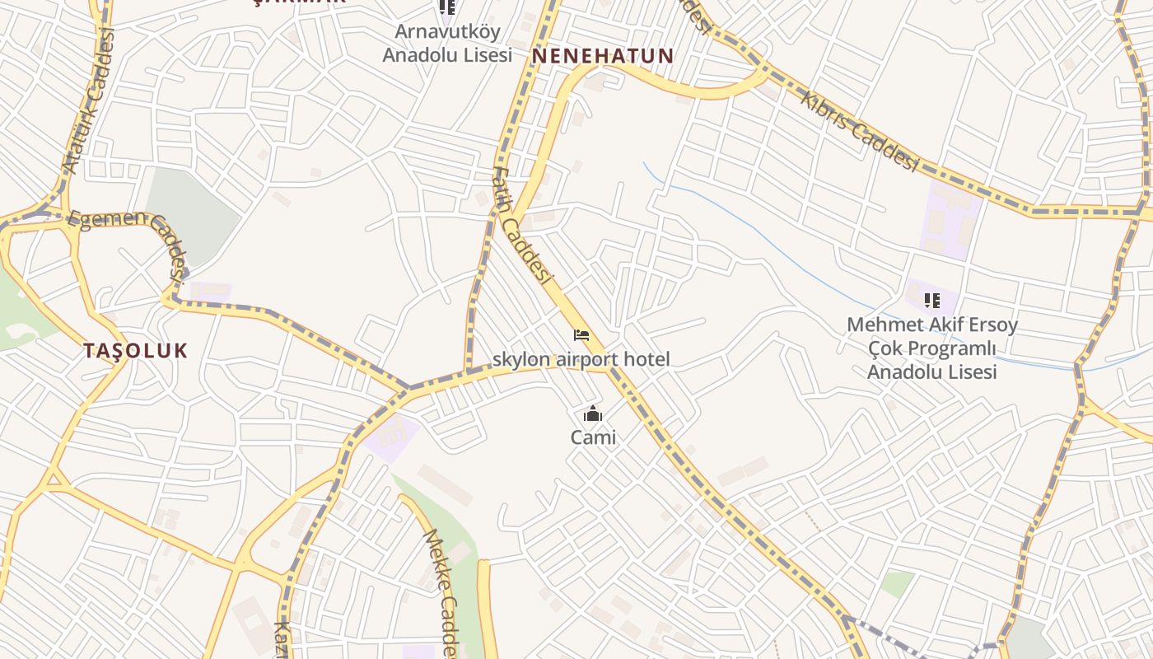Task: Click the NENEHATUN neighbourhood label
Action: click(x=603, y=56)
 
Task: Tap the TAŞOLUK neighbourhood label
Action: click(x=136, y=350)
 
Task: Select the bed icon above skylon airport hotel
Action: click(x=581, y=335)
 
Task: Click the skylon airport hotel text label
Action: click(x=581, y=359)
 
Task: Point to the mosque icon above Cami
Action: click(x=592, y=414)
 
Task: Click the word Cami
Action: click(x=593, y=437)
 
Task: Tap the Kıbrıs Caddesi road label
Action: click(x=859, y=131)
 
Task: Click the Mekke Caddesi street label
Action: click(x=439, y=591)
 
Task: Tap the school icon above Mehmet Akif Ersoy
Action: click(x=932, y=301)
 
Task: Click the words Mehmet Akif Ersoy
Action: click(x=932, y=325)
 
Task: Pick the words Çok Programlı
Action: click(x=932, y=348)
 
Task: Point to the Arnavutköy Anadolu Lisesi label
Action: click(x=447, y=43)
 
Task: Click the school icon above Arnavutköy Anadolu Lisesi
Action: click(x=447, y=7)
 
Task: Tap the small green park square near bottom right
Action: click(x=897, y=584)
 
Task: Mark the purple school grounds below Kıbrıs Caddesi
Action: click(x=951, y=218)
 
